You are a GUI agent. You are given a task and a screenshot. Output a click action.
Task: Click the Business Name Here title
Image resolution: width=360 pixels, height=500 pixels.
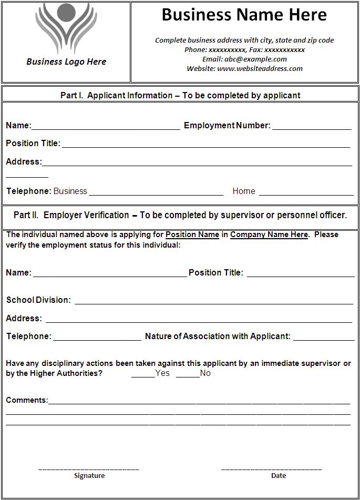pyautogui.click(x=244, y=15)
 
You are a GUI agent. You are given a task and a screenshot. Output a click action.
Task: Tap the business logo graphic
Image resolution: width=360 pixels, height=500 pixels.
pyautogui.click(x=66, y=28)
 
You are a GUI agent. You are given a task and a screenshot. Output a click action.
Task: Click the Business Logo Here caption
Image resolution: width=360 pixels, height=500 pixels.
pyautogui.click(x=66, y=62)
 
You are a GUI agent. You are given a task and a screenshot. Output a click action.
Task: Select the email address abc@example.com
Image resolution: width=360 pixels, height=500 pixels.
pyautogui.click(x=255, y=59)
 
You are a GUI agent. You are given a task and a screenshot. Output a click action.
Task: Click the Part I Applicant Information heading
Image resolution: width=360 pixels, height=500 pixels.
pyautogui.click(x=180, y=95)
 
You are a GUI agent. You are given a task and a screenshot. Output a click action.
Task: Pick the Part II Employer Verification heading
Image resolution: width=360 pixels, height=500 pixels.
pyautogui.click(x=180, y=215)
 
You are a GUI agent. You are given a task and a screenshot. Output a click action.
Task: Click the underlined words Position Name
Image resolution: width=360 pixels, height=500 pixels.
pyautogui.click(x=192, y=234)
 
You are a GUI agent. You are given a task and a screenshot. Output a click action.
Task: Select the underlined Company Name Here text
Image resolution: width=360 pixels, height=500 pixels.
pyautogui.click(x=269, y=234)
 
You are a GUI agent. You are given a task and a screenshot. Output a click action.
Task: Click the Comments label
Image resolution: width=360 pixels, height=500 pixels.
pyautogui.click(x=27, y=400)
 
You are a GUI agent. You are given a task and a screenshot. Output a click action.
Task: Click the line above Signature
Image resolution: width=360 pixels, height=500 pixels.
pyautogui.click(x=89, y=468)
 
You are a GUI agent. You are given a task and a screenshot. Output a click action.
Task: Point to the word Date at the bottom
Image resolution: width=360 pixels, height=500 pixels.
pyautogui.click(x=279, y=475)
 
